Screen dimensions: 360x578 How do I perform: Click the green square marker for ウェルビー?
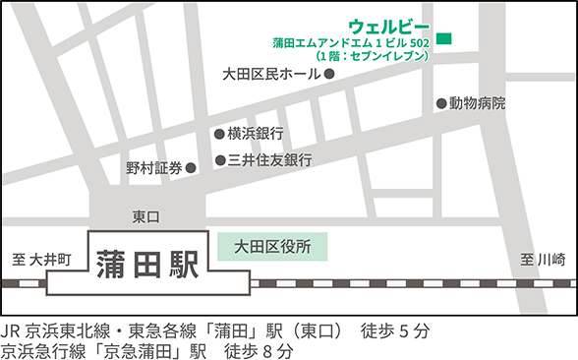[444, 39]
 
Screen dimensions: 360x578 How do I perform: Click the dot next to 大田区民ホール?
[329, 74]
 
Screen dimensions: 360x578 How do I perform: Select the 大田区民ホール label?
[271, 74]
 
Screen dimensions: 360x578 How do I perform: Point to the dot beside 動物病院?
[440, 103]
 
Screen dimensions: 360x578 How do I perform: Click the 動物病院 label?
[477, 103]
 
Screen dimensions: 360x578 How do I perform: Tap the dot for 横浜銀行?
[219, 134]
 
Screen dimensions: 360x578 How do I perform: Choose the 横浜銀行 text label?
[256, 134]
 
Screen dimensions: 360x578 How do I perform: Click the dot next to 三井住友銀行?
[219, 159]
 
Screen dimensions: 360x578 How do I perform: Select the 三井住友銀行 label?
[269, 159]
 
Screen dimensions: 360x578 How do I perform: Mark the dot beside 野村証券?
[191, 168]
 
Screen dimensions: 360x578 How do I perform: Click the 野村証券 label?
[153, 168]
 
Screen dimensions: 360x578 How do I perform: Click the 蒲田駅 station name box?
[146, 262]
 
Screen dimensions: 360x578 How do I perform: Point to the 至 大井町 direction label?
[42, 260]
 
